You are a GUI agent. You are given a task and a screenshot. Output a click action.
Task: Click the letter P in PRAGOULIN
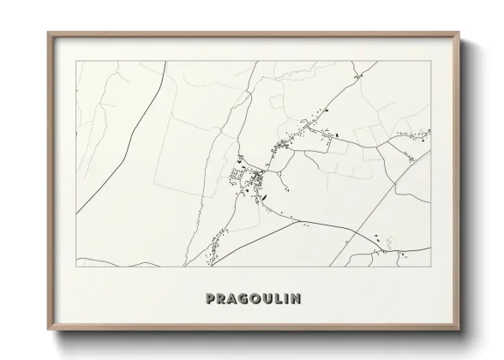point(211,299)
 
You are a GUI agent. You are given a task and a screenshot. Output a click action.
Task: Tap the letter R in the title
point(222,299)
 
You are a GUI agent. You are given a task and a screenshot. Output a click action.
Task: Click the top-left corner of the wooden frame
point(48,33)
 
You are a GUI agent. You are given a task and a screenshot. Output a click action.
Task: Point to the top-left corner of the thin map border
point(77,61)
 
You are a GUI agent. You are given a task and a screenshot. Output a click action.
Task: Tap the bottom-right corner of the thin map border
point(430,267)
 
